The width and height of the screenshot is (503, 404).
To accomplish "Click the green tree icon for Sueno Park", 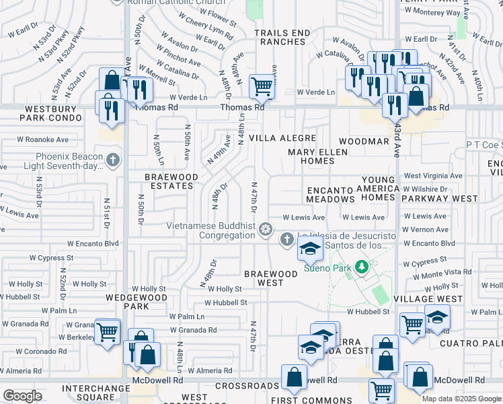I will (x=362, y=267).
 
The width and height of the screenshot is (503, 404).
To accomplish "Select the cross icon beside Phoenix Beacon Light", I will (x=113, y=160).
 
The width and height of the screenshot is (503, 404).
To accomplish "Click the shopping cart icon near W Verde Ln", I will (x=261, y=86).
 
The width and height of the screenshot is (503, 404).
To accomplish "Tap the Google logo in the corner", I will (x=22, y=395).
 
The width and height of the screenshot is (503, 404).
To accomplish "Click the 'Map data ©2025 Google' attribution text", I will (x=461, y=399).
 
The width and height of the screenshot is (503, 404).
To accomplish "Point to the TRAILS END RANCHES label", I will (x=282, y=37).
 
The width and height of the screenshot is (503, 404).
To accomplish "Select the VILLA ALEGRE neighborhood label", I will (x=282, y=137).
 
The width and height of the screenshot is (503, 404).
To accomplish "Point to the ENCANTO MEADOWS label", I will (x=330, y=195).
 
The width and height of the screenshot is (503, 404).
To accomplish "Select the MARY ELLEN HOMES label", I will (x=317, y=156).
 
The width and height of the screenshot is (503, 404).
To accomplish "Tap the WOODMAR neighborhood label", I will (x=364, y=141).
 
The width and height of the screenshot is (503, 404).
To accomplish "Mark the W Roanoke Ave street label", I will (x=43, y=139).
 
